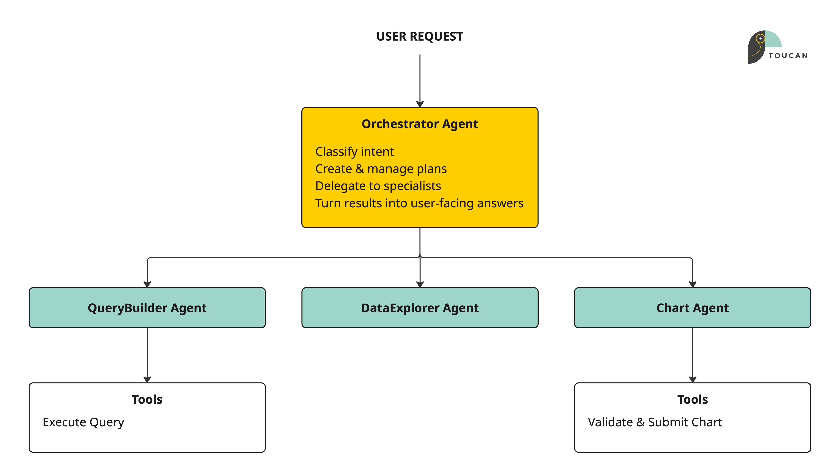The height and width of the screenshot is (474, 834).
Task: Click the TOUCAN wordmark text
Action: coord(788,56)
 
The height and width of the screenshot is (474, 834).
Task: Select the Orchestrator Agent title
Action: coord(420,124)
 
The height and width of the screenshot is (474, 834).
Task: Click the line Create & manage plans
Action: coord(381,169)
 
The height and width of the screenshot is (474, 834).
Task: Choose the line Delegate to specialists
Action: coord(378,186)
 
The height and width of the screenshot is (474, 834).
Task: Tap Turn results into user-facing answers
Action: coord(419,203)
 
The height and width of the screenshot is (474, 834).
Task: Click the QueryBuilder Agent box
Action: coord(147,308)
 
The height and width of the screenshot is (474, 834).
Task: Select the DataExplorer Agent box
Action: coord(420,308)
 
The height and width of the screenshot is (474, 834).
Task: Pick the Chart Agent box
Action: coord(692,308)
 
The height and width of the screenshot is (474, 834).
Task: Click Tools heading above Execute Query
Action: coord(147,399)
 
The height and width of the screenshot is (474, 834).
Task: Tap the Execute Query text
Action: coord(83,422)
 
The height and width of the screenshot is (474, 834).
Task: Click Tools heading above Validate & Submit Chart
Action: coord(692,399)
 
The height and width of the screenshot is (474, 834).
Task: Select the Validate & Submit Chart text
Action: coord(655,422)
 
